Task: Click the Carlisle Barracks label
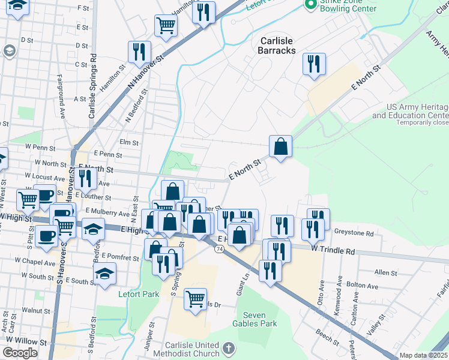pyautogui.click(x=277, y=46)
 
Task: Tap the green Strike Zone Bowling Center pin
pyautogui.click(x=310, y=5)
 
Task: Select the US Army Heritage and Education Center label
pyautogui.click(x=410, y=111)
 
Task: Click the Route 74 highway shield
pyautogui.click(x=220, y=248)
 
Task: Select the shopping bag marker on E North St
pyautogui.click(x=280, y=146)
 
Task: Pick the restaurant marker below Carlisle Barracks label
pyautogui.click(x=313, y=64)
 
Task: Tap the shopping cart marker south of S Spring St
pyautogui.click(x=195, y=298)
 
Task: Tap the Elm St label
pyautogui.click(x=129, y=143)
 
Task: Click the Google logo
pyautogui.click(x=20, y=353)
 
